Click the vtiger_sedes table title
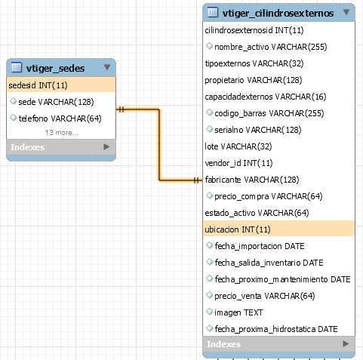[55, 68]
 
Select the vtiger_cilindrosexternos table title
[278, 13]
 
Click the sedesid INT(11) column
[38, 85]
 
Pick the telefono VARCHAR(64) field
[60, 118]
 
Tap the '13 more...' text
[61, 133]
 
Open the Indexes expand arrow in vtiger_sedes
[106, 146]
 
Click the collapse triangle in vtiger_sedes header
[107, 67]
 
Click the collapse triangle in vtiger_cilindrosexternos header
[346, 12]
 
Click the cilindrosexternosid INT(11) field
[254, 30]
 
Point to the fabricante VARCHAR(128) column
[252, 180]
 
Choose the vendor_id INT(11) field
[238, 163]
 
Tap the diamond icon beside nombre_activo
[209, 46]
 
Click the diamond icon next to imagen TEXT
[209, 312]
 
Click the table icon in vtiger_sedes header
[17, 67]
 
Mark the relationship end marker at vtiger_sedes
[121, 109]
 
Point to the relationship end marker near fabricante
[197, 180]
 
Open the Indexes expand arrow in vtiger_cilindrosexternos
[346, 343]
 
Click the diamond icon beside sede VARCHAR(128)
[13, 101]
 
